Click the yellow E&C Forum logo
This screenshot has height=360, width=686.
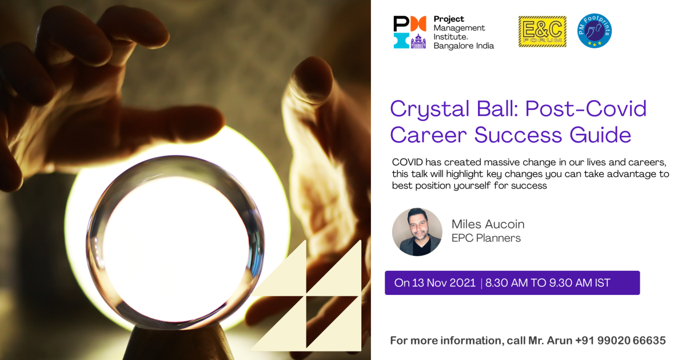click(543, 31)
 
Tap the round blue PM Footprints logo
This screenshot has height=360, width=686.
click(595, 31)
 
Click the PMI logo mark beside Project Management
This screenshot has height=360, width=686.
click(410, 32)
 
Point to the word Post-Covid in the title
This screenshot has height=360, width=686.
click(586, 109)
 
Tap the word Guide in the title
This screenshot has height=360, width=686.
click(600, 135)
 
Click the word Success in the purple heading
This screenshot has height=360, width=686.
click(518, 135)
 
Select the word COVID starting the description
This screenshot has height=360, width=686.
click(407, 162)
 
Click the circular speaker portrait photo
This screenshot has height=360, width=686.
click(417, 232)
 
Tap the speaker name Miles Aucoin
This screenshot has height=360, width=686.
click(488, 224)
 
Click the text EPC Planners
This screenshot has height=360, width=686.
click(486, 238)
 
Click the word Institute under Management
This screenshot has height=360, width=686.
click(450, 37)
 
